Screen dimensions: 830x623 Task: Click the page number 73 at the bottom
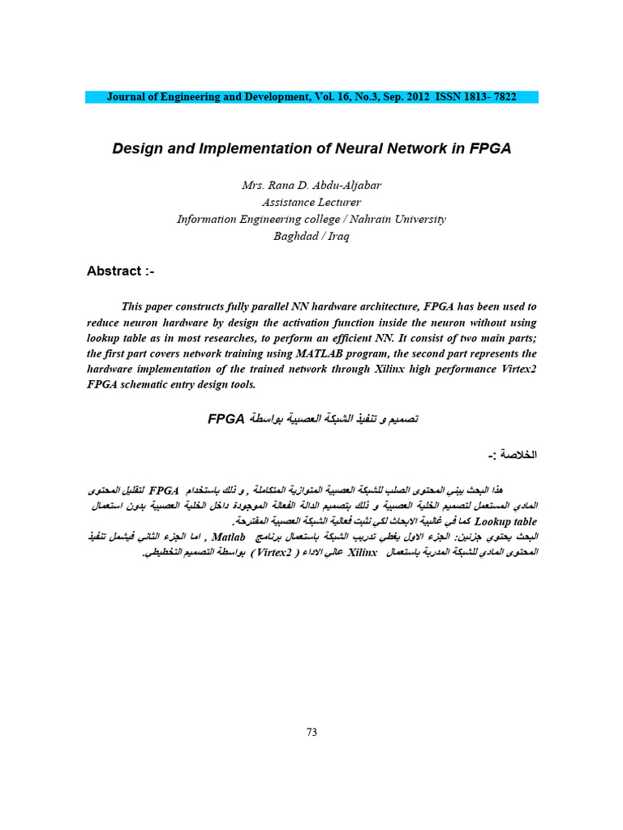pyautogui.click(x=311, y=732)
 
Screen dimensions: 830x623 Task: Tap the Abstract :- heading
pyautogui.click(x=120, y=271)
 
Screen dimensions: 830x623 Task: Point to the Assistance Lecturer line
pyautogui.click(x=311, y=202)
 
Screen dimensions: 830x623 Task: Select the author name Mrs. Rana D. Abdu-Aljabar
pyautogui.click(x=311, y=185)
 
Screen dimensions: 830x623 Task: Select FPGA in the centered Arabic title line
pyautogui.click(x=226, y=418)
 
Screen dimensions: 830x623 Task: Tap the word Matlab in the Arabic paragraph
pyautogui.click(x=229, y=537)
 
